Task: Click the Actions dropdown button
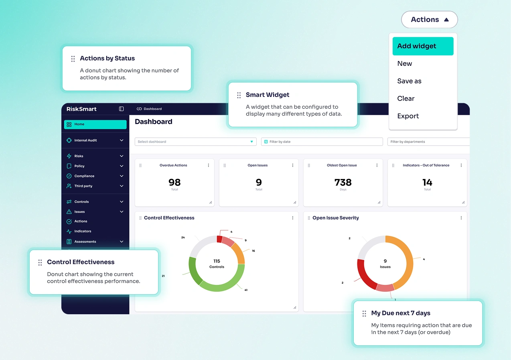tap(429, 20)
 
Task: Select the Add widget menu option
tap(423, 46)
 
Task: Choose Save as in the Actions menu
tap(409, 81)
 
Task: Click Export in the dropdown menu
tap(408, 116)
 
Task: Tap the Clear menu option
tap(406, 99)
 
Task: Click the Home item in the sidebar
tap(95, 124)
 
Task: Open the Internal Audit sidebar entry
tap(95, 140)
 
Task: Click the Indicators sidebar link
tap(83, 232)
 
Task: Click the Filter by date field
tap(322, 142)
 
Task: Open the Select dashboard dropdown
tap(195, 142)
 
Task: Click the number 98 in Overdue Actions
tap(174, 183)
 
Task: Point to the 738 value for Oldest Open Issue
tap(343, 183)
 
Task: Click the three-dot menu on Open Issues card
tap(292, 165)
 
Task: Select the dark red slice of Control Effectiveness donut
tap(219, 239)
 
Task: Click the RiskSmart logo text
tap(81, 109)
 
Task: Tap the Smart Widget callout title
tap(268, 95)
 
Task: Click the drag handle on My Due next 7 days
tap(364, 313)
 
